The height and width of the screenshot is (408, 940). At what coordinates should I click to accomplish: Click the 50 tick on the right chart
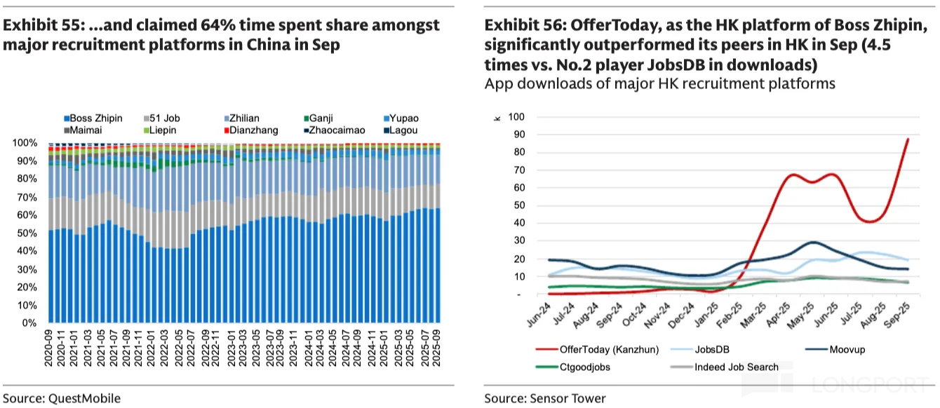point(518,205)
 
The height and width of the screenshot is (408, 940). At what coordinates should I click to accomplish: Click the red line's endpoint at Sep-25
point(908,139)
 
